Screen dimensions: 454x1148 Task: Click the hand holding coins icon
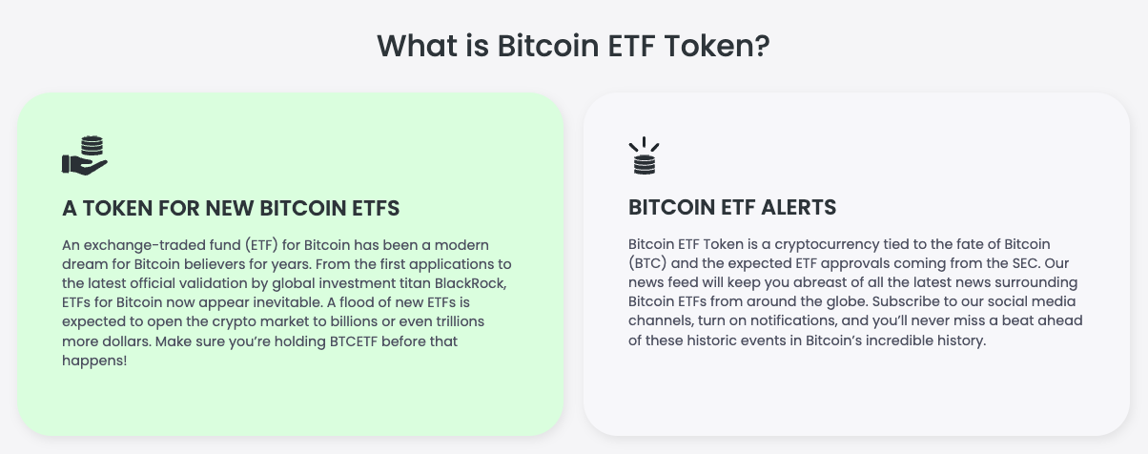click(x=85, y=155)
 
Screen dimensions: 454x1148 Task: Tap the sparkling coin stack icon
click(x=645, y=156)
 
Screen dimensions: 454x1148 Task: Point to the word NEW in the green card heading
click(x=226, y=207)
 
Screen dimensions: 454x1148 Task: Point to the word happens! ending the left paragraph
click(x=94, y=360)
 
